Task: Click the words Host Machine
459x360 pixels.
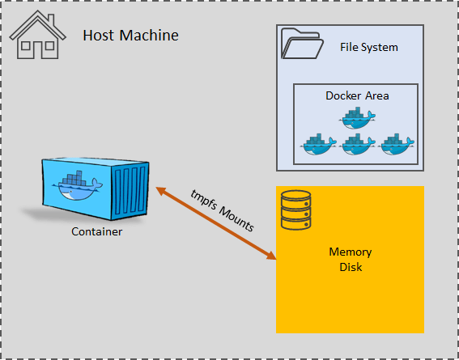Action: point(130,36)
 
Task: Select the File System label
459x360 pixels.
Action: point(368,47)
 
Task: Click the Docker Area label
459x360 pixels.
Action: point(357,95)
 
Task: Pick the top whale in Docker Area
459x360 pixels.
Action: point(357,118)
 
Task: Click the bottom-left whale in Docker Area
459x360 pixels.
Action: point(318,144)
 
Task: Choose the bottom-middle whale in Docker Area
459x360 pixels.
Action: point(357,144)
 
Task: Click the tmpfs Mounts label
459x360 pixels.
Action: point(221,210)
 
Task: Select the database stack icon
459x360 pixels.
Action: point(295,210)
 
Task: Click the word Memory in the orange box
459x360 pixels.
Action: point(350,252)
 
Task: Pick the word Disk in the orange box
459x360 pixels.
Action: point(350,267)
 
